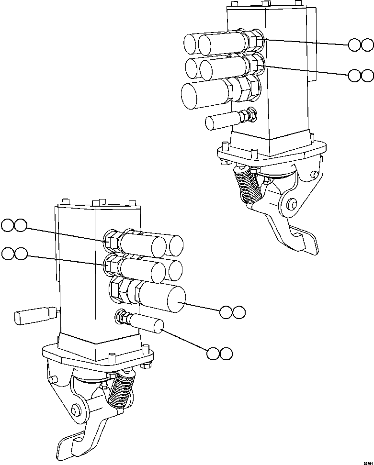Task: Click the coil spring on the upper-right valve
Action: click(x=249, y=187)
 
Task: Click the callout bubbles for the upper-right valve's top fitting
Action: click(x=361, y=45)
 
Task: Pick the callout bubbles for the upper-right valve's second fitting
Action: click(x=361, y=75)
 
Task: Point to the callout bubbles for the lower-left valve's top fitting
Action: click(x=14, y=225)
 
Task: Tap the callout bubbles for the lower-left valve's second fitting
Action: click(x=14, y=254)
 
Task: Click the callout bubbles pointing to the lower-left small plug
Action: click(x=219, y=354)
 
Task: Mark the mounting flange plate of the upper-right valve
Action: click(x=271, y=153)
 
